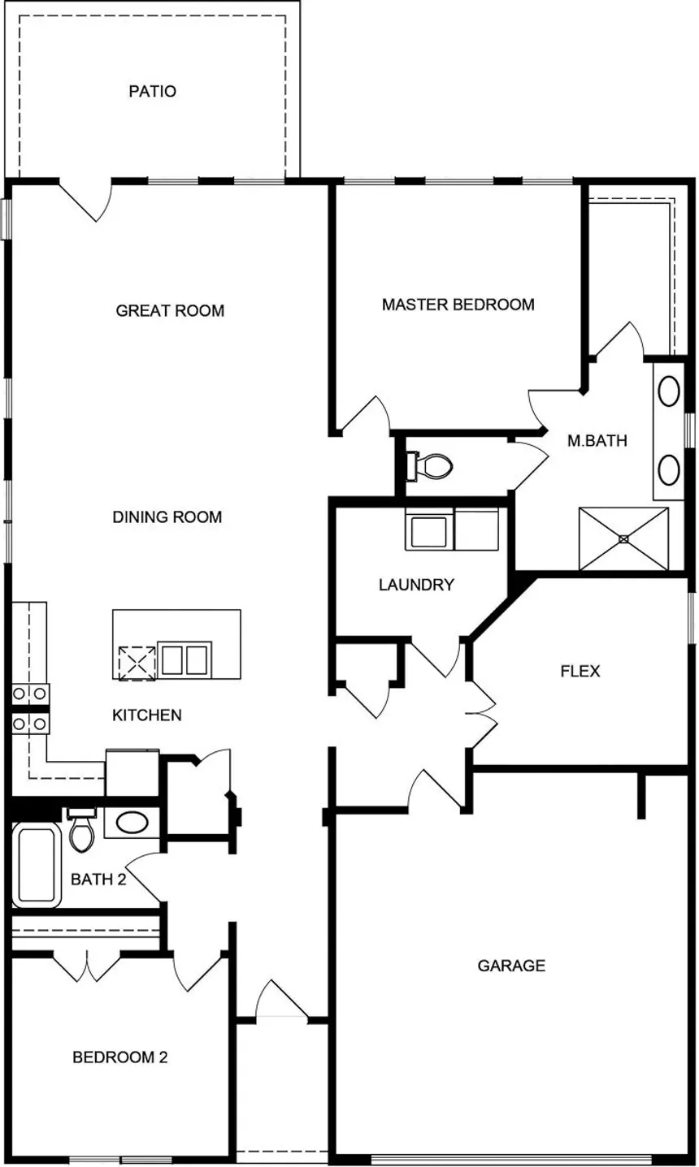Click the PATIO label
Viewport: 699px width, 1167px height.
[152, 91]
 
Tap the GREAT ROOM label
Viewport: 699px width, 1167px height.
[170, 310]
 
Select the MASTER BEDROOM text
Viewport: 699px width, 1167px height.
[458, 305]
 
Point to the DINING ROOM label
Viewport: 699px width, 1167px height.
[167, 517]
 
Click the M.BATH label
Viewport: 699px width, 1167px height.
[597, 441]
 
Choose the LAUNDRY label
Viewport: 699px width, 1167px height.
[416, 585]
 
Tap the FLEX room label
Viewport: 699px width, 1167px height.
[580, 671]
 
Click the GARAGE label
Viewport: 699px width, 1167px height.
[511, 966]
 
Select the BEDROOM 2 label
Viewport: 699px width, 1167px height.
[120, 1057]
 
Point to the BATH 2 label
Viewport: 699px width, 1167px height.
[98, 880]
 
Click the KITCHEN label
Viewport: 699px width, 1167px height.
[147, 715]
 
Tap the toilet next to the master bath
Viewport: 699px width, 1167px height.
[429, 466]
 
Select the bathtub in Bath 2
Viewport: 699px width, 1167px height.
[37, 866]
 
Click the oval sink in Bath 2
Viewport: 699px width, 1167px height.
[132, 823]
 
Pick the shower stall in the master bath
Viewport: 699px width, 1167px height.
[623, 539]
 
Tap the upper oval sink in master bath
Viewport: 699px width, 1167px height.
[669, 391]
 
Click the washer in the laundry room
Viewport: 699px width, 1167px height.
[429, 530]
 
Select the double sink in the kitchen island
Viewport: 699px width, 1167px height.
[185, 659]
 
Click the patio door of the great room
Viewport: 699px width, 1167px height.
[86, 201]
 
